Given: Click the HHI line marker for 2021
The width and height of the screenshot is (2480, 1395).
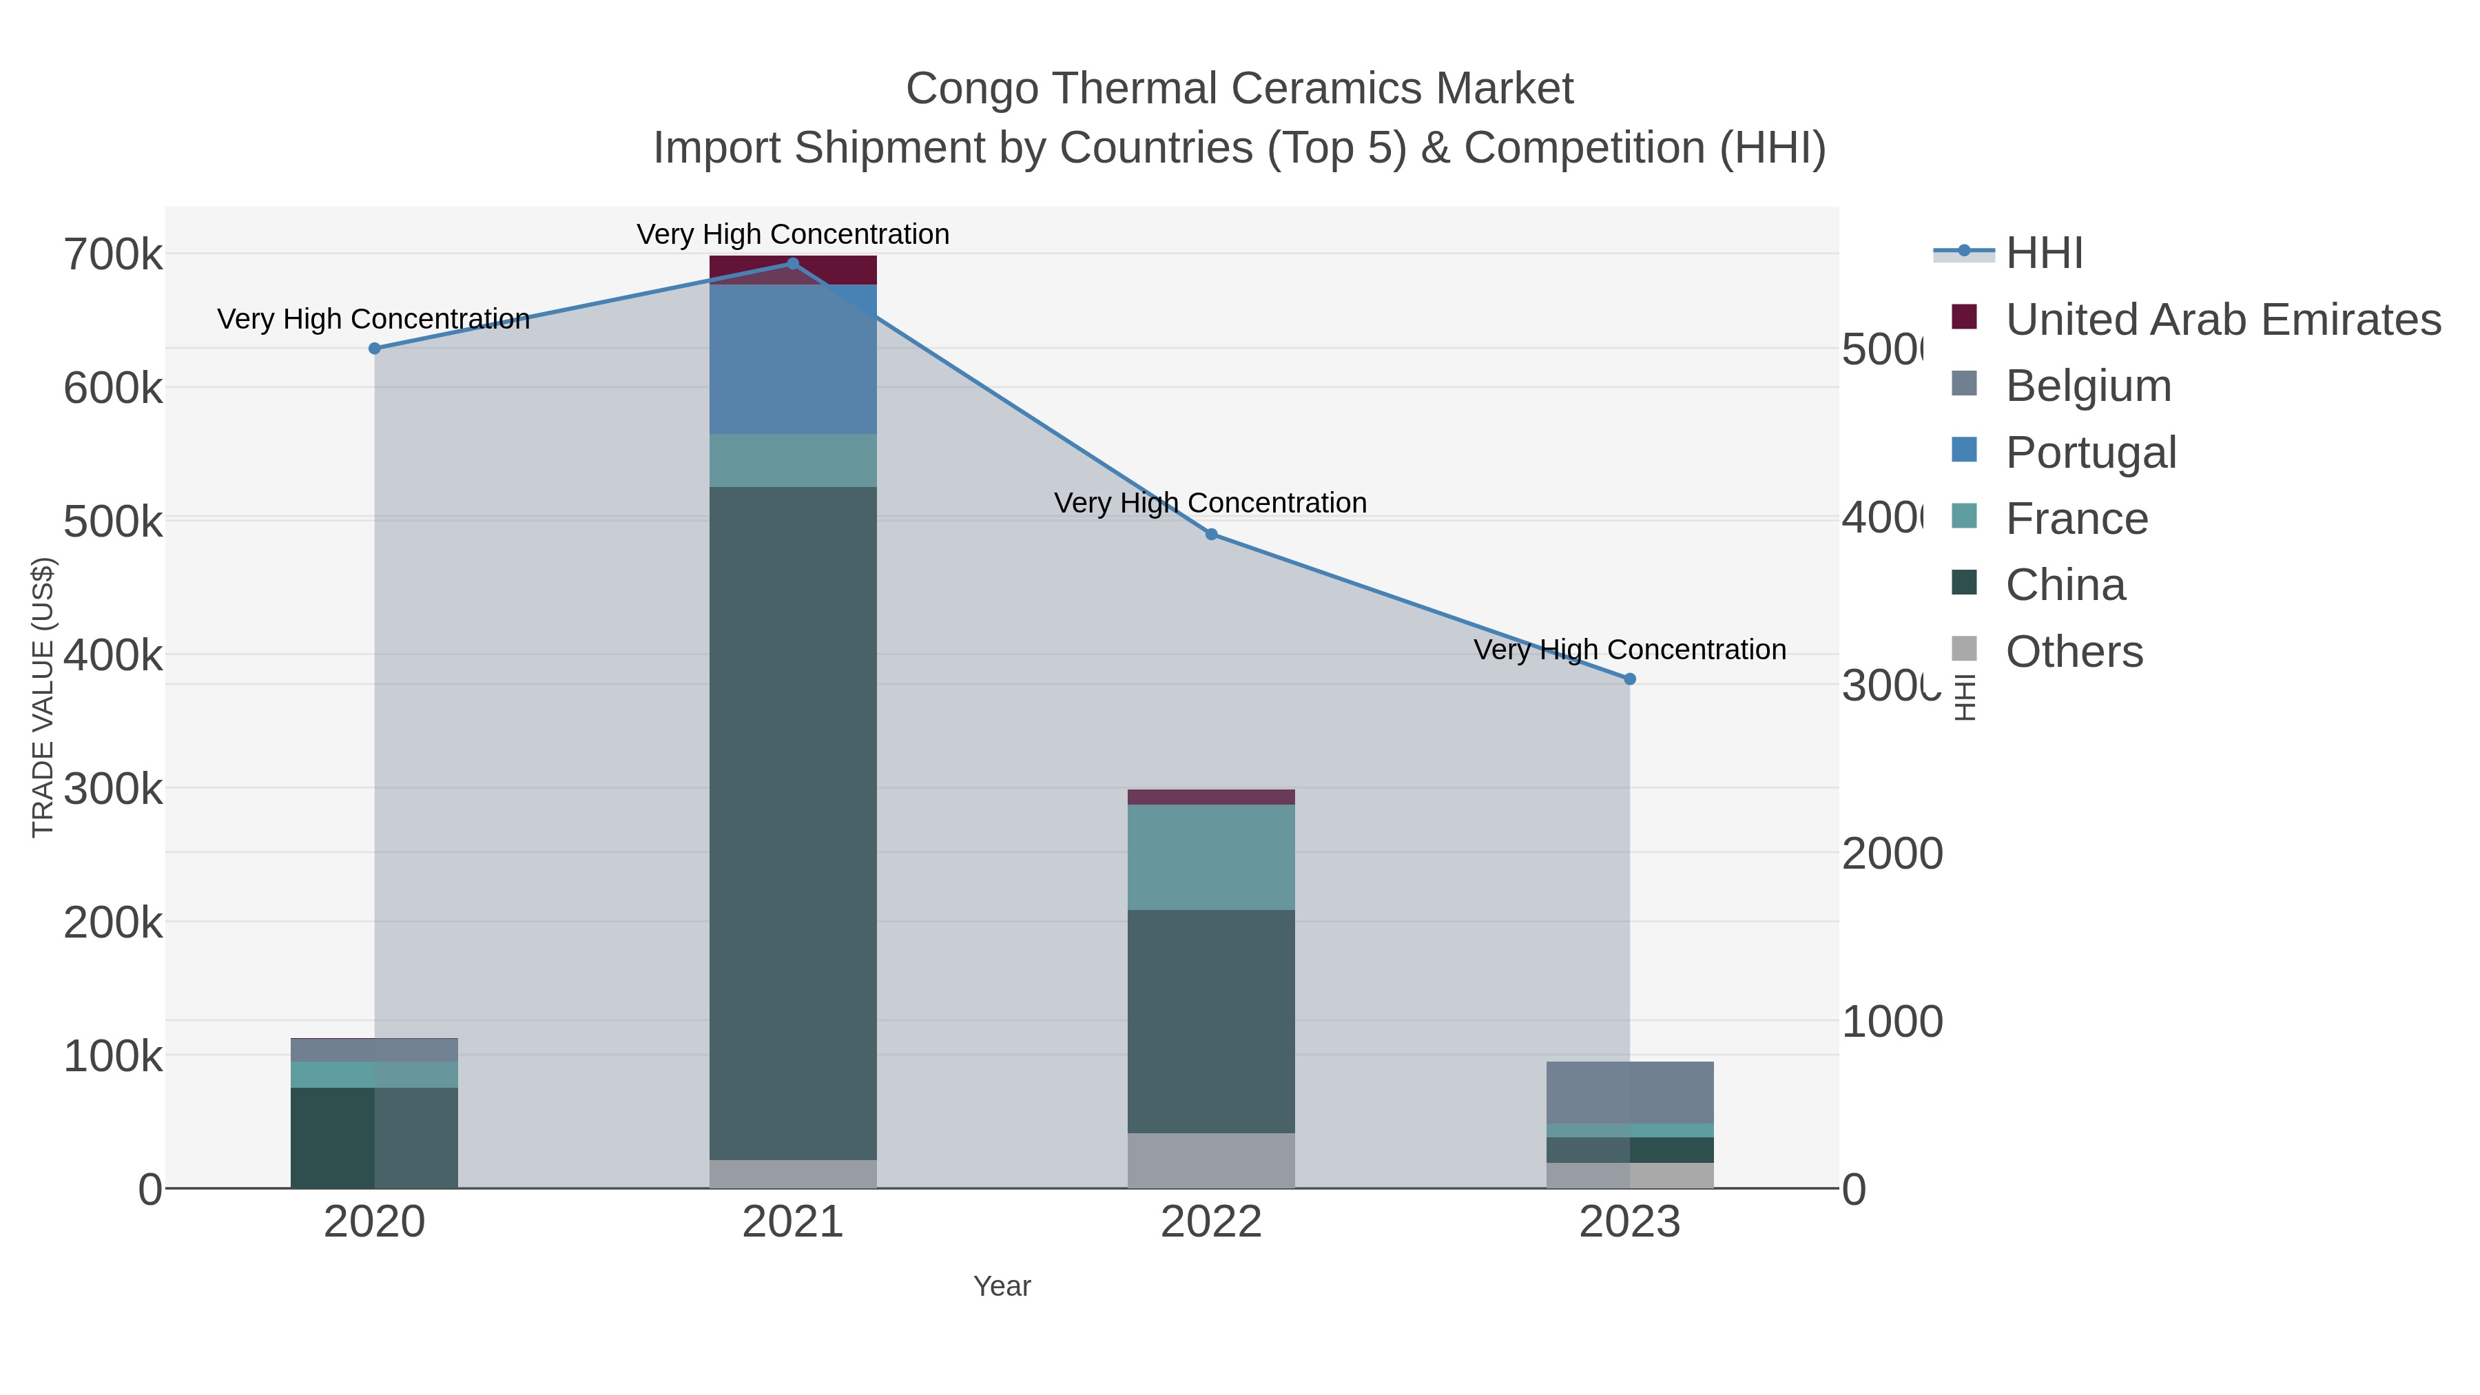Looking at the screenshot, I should click(792, 264).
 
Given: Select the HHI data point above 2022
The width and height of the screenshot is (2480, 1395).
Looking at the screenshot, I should click(1211, 535).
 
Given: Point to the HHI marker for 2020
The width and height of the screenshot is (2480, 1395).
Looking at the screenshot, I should click(375, 349).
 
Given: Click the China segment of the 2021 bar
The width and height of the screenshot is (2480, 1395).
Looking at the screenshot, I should click(792, 823).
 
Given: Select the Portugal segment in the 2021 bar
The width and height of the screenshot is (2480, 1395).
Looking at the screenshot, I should click(792, 359).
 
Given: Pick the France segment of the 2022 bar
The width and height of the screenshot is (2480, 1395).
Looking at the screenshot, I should click(1211, 857).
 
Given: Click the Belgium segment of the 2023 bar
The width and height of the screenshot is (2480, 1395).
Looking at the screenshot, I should click(1630, 1092).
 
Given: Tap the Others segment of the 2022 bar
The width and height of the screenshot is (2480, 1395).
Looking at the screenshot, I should click(1211, 1160).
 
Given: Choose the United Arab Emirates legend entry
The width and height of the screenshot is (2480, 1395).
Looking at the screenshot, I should click(2222, 320).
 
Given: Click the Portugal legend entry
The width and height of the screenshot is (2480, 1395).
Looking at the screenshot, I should click(2090, 453).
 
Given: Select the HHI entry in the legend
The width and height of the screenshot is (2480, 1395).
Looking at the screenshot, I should click(2044, 254).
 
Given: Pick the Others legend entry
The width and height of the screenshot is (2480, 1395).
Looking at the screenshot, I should click(2074, 652).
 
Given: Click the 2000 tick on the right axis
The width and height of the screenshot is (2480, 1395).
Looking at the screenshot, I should click(1892, 854).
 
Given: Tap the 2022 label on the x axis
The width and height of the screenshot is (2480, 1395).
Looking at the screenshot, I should click(1211, 1223).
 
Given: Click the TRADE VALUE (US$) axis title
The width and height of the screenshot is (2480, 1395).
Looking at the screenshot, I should click(43, 697).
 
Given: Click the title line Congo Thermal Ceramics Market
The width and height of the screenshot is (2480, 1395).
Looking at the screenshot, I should click(1239, 89).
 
